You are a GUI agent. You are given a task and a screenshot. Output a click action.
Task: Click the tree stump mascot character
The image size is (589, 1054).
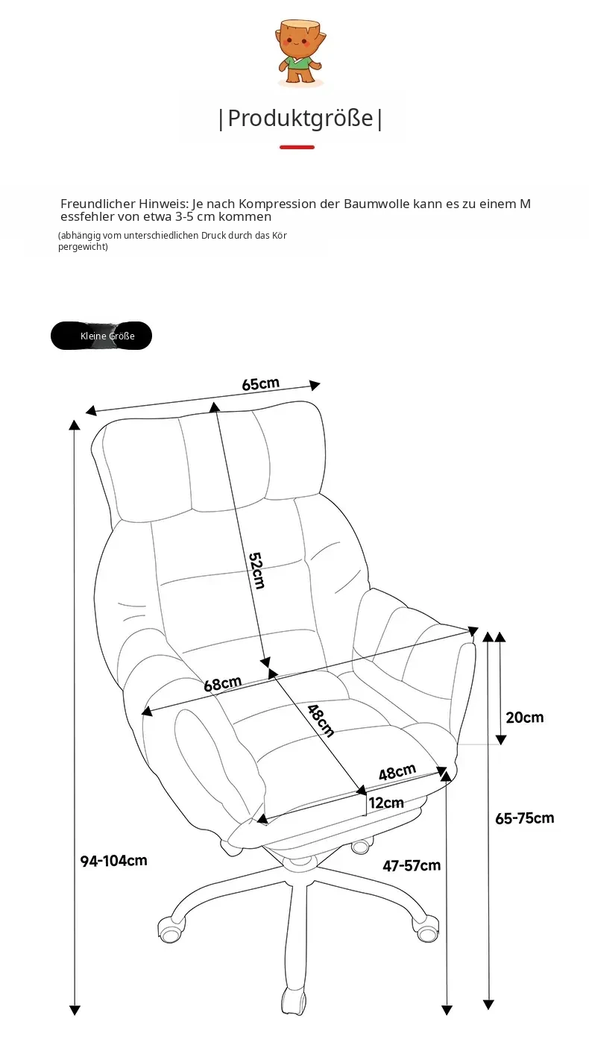click(x=300, y=53)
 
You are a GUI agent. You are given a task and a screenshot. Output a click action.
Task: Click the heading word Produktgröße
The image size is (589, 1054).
click(x=300, y=118)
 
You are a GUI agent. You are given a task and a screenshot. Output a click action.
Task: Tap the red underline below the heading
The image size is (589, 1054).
click(x=297, y=147)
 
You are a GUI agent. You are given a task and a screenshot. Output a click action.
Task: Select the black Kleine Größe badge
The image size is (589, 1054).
click(x=101, y=336)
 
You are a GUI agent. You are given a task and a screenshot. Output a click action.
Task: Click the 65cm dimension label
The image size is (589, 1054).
click(x=261, y=383)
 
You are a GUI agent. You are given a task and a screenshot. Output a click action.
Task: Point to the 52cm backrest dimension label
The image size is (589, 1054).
click(x=257, y=570)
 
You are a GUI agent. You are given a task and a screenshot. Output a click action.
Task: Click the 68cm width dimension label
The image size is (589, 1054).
click(x=222, y=683)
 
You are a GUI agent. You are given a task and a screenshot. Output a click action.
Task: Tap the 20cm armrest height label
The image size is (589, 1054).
click(x=525, y=717)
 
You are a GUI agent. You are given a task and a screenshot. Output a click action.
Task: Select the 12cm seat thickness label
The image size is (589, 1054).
click(x=386, y=803)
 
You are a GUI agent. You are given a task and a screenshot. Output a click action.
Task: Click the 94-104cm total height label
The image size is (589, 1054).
click(x=114, y=861)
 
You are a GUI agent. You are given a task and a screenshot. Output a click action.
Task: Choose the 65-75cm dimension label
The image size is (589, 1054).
click(x=525, y=818)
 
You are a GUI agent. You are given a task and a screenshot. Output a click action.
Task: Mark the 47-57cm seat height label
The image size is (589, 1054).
click(x=412, y=865)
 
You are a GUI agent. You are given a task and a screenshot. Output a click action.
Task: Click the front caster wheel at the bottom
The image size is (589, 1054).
click(x=294, y=1000)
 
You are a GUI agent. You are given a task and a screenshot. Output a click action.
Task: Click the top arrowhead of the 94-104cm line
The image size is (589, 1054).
click(x=75, y=424)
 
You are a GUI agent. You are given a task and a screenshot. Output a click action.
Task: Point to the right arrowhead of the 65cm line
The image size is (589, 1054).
click(x=315, y=386)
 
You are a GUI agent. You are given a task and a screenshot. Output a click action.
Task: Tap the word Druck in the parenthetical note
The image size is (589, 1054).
click(x=215, y=235)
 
